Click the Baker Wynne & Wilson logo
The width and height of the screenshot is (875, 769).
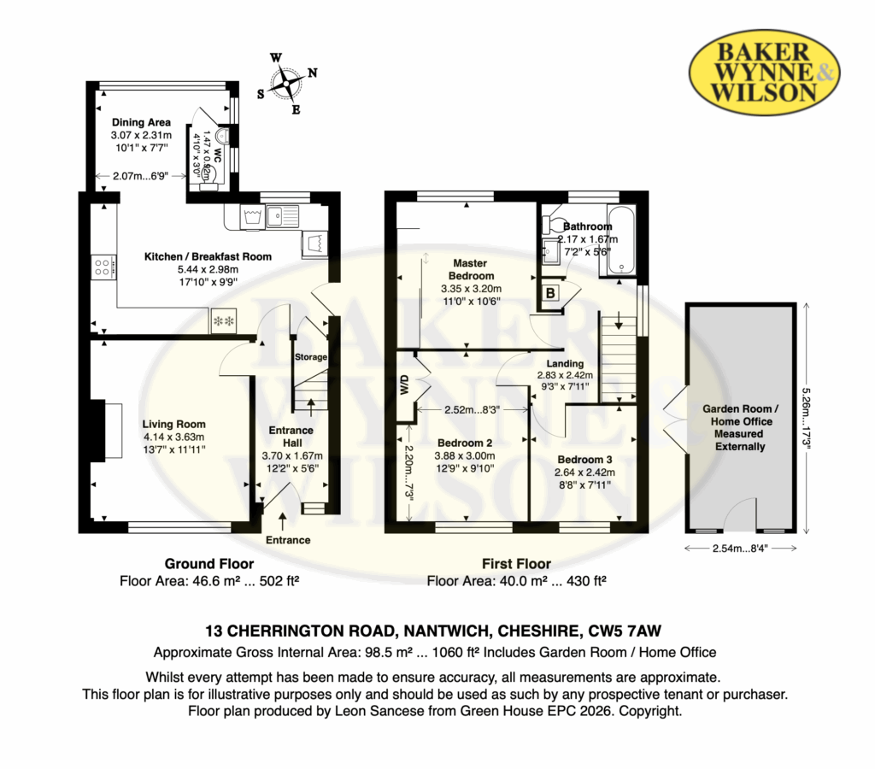[765, 72]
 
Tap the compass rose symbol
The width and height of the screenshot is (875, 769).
[287, 84]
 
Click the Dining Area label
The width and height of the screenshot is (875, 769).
[141, 122]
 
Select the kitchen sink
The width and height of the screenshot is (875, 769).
[282, 214]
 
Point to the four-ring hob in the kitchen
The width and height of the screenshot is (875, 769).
[103, 267]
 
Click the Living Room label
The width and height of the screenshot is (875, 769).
[173, 424]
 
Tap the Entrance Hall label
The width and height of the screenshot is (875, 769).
[292, 437]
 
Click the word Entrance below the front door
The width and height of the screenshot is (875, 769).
[288, 540]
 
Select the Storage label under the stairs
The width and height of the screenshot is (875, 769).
[311, 357]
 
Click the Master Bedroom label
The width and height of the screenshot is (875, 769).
[471, 269]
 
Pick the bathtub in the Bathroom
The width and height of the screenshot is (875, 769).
[621, 240]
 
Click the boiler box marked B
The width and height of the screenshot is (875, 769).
[551, 292]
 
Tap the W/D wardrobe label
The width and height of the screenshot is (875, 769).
[405, 385]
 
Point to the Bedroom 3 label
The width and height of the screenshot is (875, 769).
[584, 460]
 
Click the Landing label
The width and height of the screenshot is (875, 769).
[565, 363]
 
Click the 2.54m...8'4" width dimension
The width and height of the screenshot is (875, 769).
[740, 549]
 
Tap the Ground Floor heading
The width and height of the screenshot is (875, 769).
[209, 564]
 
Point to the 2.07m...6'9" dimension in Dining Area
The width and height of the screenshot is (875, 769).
[141, 176]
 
